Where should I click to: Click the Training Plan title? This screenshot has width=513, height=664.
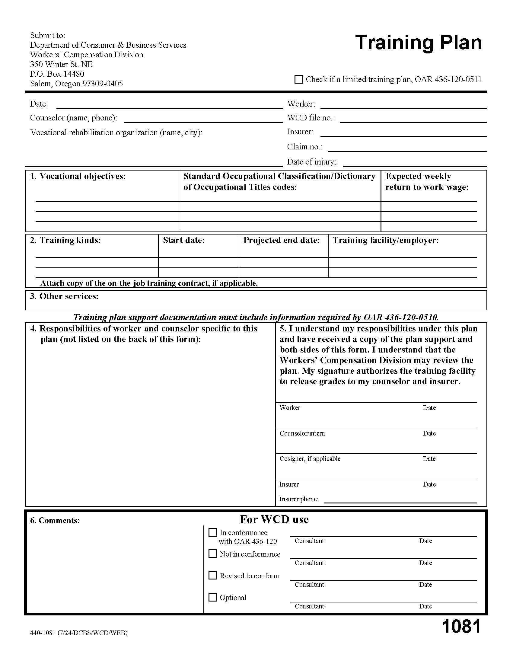click(x=418, y=43)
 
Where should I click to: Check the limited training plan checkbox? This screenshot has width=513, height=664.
click(x=299, y=79)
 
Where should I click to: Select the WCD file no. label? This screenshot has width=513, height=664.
click(x=311, y=118)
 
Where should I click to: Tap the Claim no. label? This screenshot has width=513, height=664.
click(x=304, y=147)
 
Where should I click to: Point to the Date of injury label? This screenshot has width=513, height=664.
click(x=311, y=162)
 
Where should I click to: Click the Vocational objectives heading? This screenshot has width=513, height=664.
click(x=78, y=176)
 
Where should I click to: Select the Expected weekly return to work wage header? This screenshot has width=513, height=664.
click(x=427, y=181)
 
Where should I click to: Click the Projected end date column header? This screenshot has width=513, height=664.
click(x=282, y=240)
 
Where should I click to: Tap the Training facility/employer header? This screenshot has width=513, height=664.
click(x=386, y=240)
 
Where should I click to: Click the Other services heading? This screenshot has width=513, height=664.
click(x=65, y=296)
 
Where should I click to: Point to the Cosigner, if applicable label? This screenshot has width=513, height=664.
click(x=310, y=459)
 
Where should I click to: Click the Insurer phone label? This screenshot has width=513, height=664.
click(x=299, y=499)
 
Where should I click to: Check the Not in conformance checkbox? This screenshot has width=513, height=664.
click(x=213, y=554)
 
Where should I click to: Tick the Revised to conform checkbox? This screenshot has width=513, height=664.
click(x=213, y=575)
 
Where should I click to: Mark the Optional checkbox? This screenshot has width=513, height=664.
click(x=213, y=597)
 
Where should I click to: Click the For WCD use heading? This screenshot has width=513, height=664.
click(x=274, y=519)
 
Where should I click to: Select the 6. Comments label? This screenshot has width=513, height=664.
click(x=55, y=521)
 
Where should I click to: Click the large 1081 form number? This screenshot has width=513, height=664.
click(x=461, y=627)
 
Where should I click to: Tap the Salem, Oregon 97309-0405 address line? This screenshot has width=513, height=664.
click(x=76, y=84)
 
